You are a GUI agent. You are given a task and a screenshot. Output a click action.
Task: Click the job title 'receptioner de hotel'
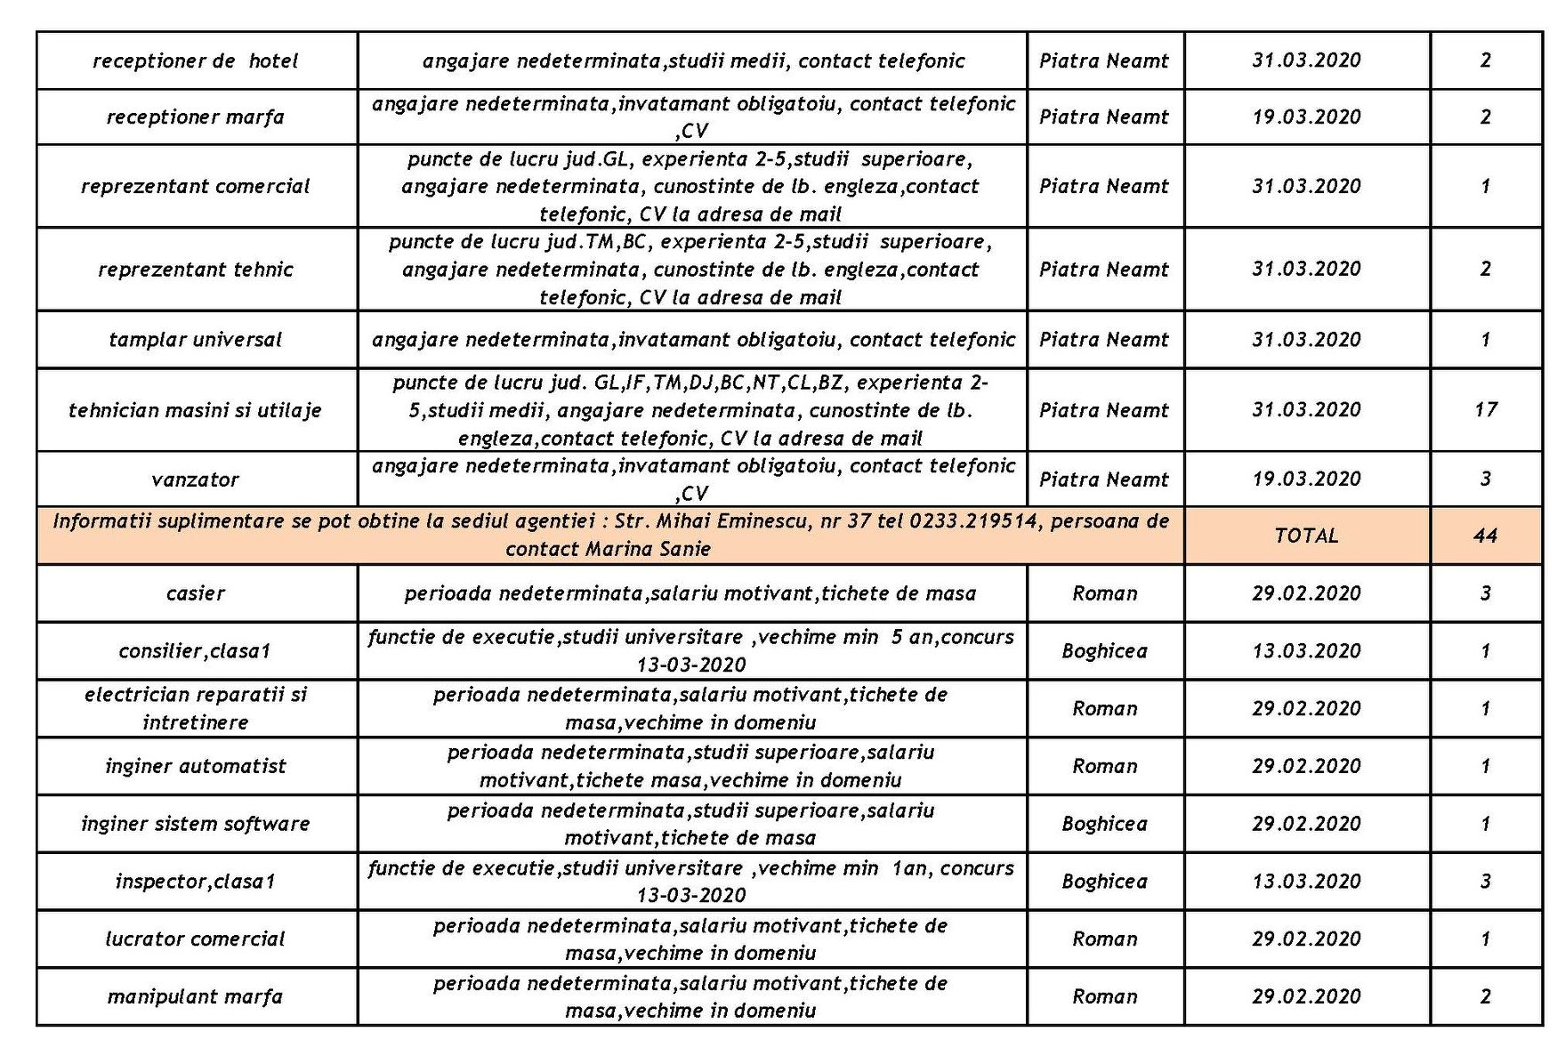click(x=195, y=60)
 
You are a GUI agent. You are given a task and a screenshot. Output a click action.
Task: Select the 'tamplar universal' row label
click(x=195, y=340)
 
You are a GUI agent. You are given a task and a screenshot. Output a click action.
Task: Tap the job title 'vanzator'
click(x=195, y=480)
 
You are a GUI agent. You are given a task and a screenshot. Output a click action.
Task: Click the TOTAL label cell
click(x=1306, y=536)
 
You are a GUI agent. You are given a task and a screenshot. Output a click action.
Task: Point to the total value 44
click(x=1485, y=536)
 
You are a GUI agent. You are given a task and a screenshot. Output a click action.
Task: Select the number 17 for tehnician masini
click(x=1485, y=410)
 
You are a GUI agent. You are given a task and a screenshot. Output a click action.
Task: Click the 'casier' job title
click(x=195, y=593)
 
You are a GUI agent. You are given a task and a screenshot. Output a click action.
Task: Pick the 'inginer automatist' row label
click(x=195, y=766)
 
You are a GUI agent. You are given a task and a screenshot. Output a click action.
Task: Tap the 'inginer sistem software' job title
click(x=195, y=824)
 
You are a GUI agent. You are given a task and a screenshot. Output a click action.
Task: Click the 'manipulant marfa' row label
click(x=195, y=996)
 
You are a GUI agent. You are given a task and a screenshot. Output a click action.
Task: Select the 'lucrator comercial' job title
click(x=195, y=939)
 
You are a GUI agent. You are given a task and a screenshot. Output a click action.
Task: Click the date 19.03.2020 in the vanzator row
click(x=1306, y=480)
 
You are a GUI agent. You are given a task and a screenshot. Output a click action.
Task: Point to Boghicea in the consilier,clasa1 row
click(x=1104, y=651)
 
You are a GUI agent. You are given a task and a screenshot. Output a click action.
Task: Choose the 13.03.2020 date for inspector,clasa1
click(x=1306, y=882)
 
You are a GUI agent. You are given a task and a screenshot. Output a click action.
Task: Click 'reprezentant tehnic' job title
click(x=195, y=270)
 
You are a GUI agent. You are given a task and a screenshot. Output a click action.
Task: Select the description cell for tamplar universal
click(x=692, y=340)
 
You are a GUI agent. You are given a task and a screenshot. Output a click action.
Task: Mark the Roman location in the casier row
click(x=1104, y=593)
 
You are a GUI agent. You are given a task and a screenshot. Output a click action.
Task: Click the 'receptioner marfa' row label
click(x=195, y=117)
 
